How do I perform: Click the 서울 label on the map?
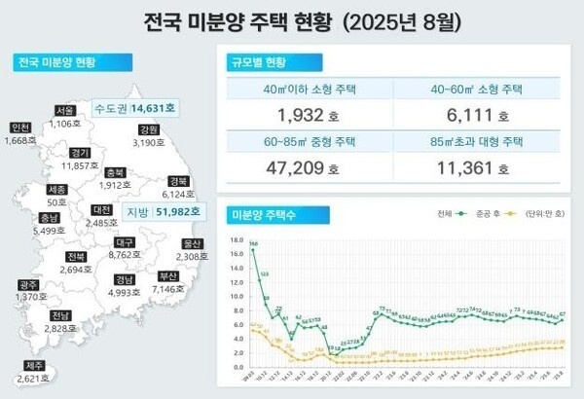tap(66, 110)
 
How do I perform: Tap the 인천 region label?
tap(19, 127)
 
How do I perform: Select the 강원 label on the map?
tap(149, 129)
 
